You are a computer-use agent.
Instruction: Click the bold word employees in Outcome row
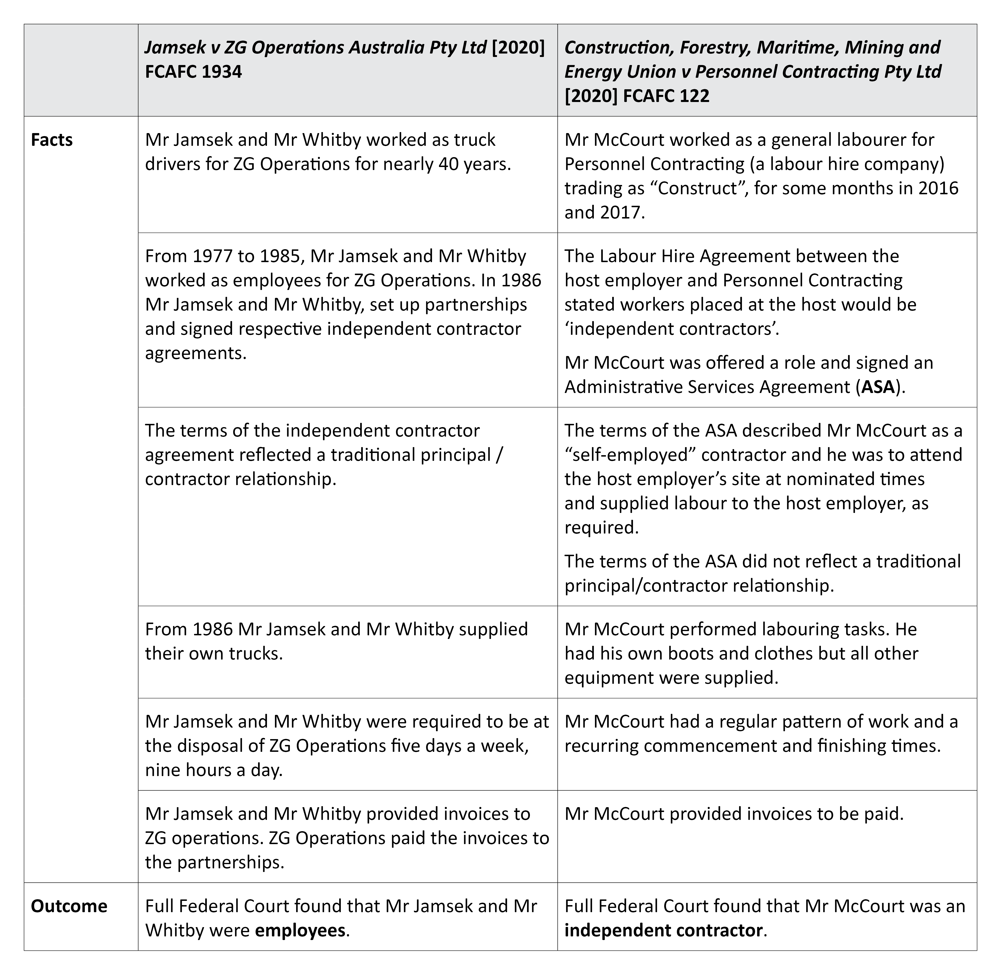point(300,930)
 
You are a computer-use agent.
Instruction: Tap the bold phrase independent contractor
point(663,930)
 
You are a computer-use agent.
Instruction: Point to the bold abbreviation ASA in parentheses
point(878,387)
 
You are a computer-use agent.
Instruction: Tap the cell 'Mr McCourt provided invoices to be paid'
point(734,814)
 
